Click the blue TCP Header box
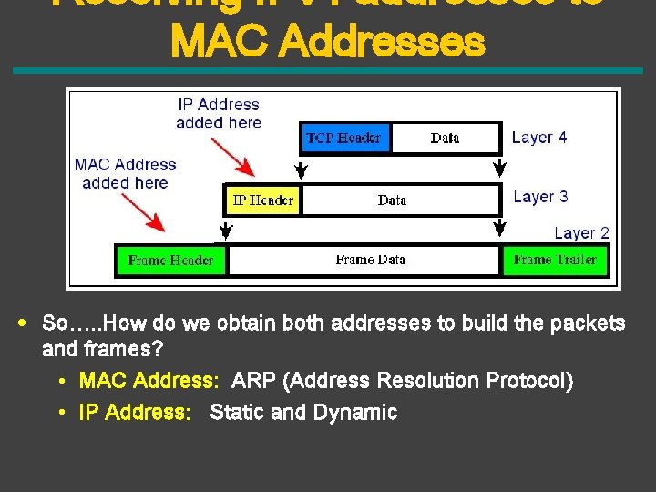click(x=343, y=138)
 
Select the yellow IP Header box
click(x=262, y=200)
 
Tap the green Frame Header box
click(x=170, y=260)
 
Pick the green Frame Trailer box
click(x=555, y=260)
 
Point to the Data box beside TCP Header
click(x=445, y=138)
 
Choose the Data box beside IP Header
click(x=392, y=200)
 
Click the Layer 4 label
click(x=539, y=138)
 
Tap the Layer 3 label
click(x=540, y=197)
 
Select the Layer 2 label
click(x=581, y=233)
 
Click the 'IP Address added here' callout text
click(x=219, y=114)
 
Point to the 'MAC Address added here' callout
click(x=126, y=173)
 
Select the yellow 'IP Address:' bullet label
click(x=135, y=413)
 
